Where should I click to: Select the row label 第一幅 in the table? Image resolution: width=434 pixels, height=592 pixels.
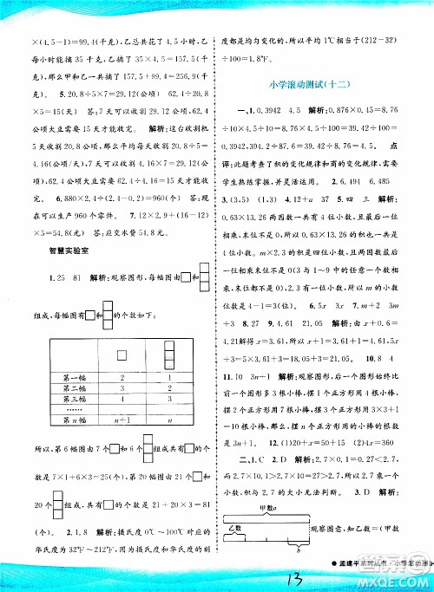tap(75, 378)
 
